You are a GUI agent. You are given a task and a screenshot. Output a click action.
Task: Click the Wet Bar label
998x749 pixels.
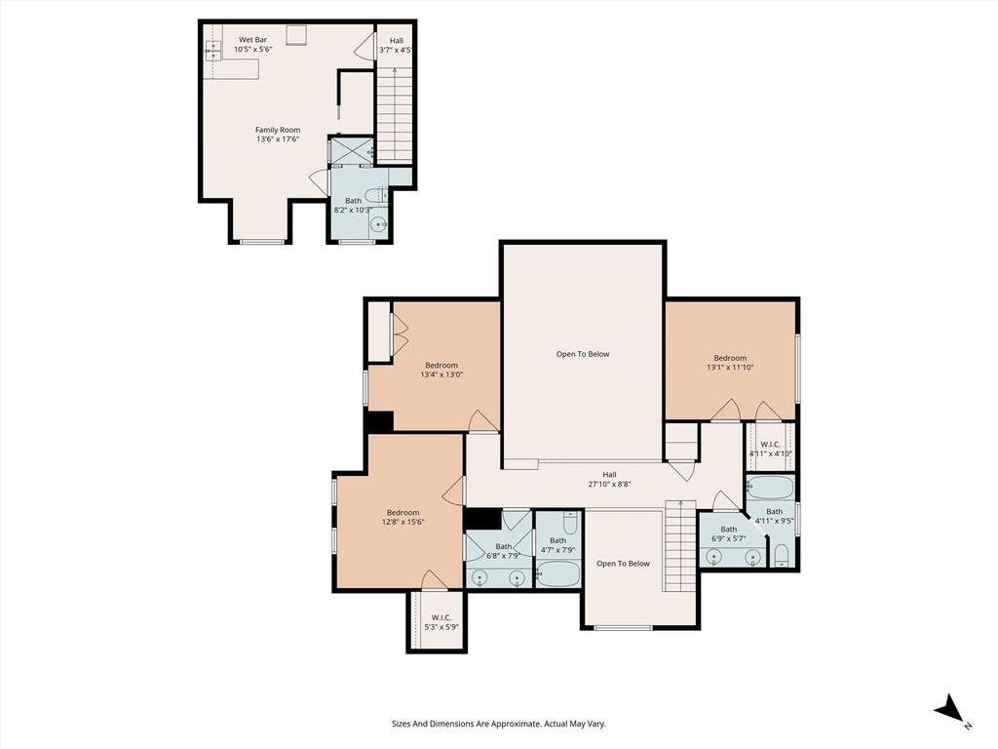click(x=252, y=39)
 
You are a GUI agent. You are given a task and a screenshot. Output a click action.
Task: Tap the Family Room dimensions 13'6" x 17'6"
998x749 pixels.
click(x=278, y=138)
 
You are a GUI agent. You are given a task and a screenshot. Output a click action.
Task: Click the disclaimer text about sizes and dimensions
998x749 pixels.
click(x=498, y=724)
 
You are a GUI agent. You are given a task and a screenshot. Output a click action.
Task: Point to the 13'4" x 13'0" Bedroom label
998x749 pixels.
click(x=441, y=370)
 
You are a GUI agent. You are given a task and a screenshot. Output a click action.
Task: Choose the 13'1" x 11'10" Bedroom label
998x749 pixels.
click(x=730, y=363)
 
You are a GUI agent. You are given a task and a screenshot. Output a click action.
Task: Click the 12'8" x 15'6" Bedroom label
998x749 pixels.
click(x=403, y=517)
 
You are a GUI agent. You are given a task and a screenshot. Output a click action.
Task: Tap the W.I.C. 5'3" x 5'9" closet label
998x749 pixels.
click(x=441, y=621)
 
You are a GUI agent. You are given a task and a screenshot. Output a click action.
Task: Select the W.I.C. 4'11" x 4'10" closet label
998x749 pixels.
click(x=770, y=449)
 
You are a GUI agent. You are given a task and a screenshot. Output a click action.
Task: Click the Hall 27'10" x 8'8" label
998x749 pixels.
click(x=610, y=479)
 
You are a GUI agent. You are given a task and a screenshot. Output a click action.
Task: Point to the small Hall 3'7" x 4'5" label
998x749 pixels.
click(x=396, y=45)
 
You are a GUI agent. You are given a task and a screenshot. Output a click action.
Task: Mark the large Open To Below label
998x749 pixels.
click(x=583, y=354)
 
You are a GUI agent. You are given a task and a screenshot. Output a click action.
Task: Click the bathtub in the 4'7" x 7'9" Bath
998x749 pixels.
click(x=558, y=573)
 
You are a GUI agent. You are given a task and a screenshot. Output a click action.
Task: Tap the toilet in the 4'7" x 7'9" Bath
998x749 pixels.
click(x=570, y=523)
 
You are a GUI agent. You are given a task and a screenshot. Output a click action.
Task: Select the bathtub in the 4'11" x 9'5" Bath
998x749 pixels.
click(x=770, y=488)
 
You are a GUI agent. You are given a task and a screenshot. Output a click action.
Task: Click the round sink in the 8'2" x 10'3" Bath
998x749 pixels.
click(x=379, y=225)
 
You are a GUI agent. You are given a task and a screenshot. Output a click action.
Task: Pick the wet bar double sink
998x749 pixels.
click(x=212, y=51)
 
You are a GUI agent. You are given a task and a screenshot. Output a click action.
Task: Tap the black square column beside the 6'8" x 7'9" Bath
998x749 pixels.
click(x=481, y=519)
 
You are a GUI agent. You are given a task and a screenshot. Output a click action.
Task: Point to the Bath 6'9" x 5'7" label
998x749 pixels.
click(x=729, y=533)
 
